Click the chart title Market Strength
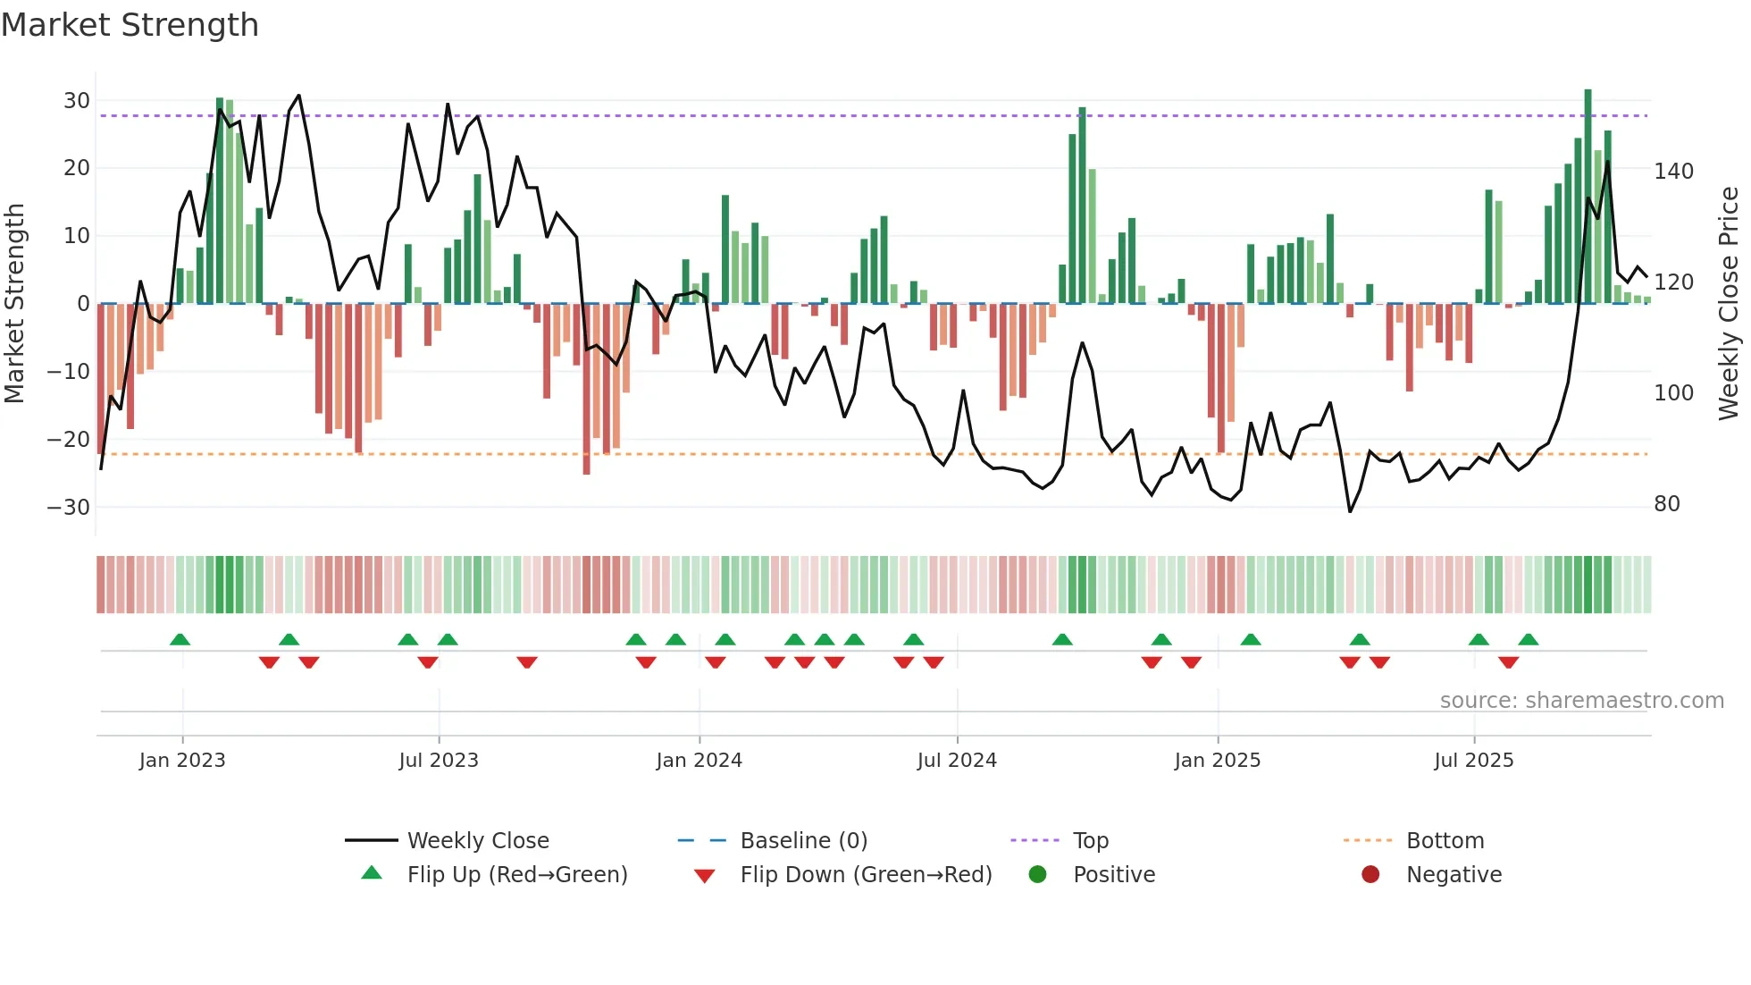130,25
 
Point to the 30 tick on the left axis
77,101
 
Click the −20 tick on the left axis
69,440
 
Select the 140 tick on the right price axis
1673,172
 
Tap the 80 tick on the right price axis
1667,504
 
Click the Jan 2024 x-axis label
699,761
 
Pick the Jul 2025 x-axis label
1474,761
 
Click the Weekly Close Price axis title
1729,304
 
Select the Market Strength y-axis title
14,304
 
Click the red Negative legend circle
1370,875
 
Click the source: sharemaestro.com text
1581,701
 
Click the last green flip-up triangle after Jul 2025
1529,640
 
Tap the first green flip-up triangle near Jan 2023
180,640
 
